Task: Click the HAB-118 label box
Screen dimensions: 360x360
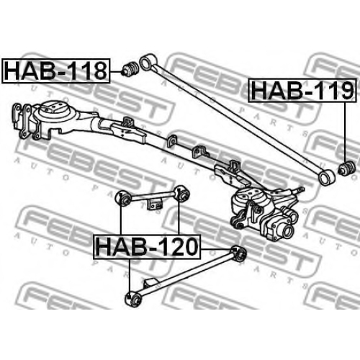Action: (x=56, y=71)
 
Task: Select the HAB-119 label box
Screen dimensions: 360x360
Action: (x=302, y=90)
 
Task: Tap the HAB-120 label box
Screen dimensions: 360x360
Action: (x=147, y=247)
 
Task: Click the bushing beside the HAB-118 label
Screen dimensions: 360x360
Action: (x=130, y=69)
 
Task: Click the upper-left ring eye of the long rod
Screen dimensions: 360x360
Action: (x=147, y=61)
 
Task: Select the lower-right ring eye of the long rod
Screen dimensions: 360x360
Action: (x=325, y=177)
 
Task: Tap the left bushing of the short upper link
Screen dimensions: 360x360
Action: (x=123, y=199)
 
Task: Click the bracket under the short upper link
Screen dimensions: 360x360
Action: (x=154, y=204)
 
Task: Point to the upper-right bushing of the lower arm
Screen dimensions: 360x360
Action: (x=238, y=253)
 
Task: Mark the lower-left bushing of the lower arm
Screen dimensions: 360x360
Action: (x=134, y=298)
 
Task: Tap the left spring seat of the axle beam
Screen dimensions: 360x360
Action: (x=52, y=111)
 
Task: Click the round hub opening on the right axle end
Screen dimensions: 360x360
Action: (x=288, y=231)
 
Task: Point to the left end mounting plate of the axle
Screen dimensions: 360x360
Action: (x=22, y=122)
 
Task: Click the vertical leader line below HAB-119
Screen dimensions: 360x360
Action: (x=345, y=132)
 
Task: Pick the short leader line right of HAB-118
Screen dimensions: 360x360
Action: (x=117, y=72)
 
